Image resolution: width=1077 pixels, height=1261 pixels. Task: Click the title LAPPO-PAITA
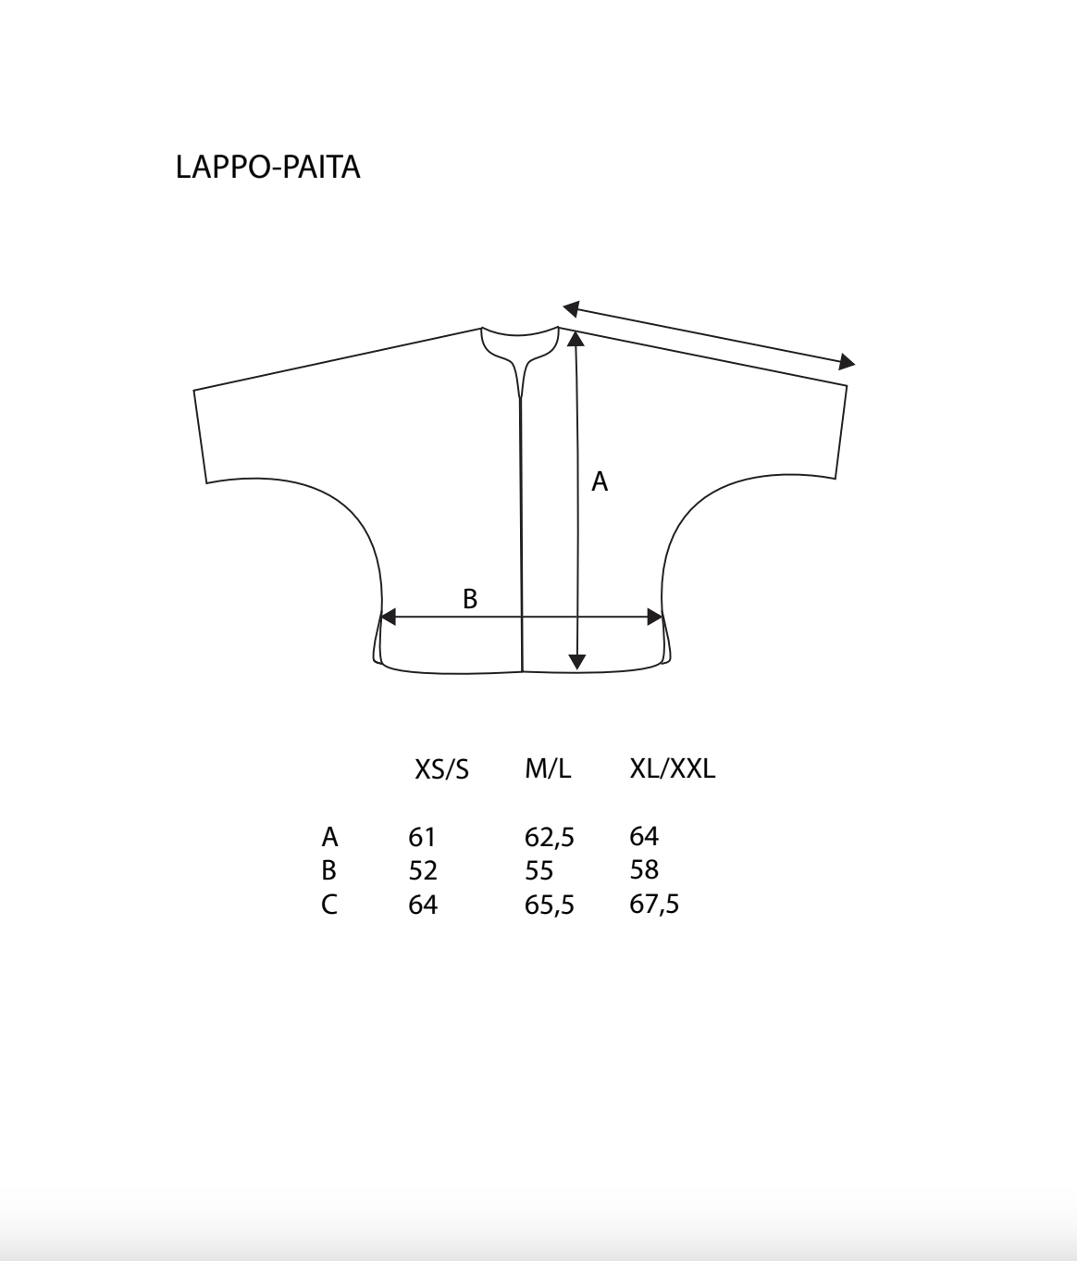(267, 168)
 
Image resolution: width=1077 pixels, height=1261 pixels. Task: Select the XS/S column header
(441, 769)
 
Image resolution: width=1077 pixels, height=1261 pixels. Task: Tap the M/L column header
(548, 768)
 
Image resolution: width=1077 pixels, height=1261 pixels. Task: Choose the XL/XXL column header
(672, 768)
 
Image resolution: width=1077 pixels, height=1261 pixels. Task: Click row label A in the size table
(329, 837)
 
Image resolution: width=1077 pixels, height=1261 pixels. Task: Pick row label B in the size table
(328, 870)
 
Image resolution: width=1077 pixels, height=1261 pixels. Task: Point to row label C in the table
(329, 904)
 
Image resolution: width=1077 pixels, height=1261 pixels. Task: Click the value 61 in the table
(421, 837)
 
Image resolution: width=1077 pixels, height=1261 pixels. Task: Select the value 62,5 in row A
(549, 838)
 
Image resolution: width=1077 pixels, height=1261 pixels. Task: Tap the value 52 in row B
(423, 870)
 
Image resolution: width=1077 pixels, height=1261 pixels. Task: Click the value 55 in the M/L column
(538, 870)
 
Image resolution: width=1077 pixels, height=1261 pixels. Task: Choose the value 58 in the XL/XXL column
(644, 869)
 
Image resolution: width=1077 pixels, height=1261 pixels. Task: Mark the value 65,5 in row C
(549, 905)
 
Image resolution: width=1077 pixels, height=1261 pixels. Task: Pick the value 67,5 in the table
(654, 904)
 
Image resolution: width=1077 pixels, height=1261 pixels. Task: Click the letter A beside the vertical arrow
(600, 481)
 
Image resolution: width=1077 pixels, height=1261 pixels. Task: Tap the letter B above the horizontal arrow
(470, 599)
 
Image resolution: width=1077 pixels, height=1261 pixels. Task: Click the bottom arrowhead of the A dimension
(577, 661)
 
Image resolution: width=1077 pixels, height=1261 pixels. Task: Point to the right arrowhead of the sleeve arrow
(846, 362)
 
